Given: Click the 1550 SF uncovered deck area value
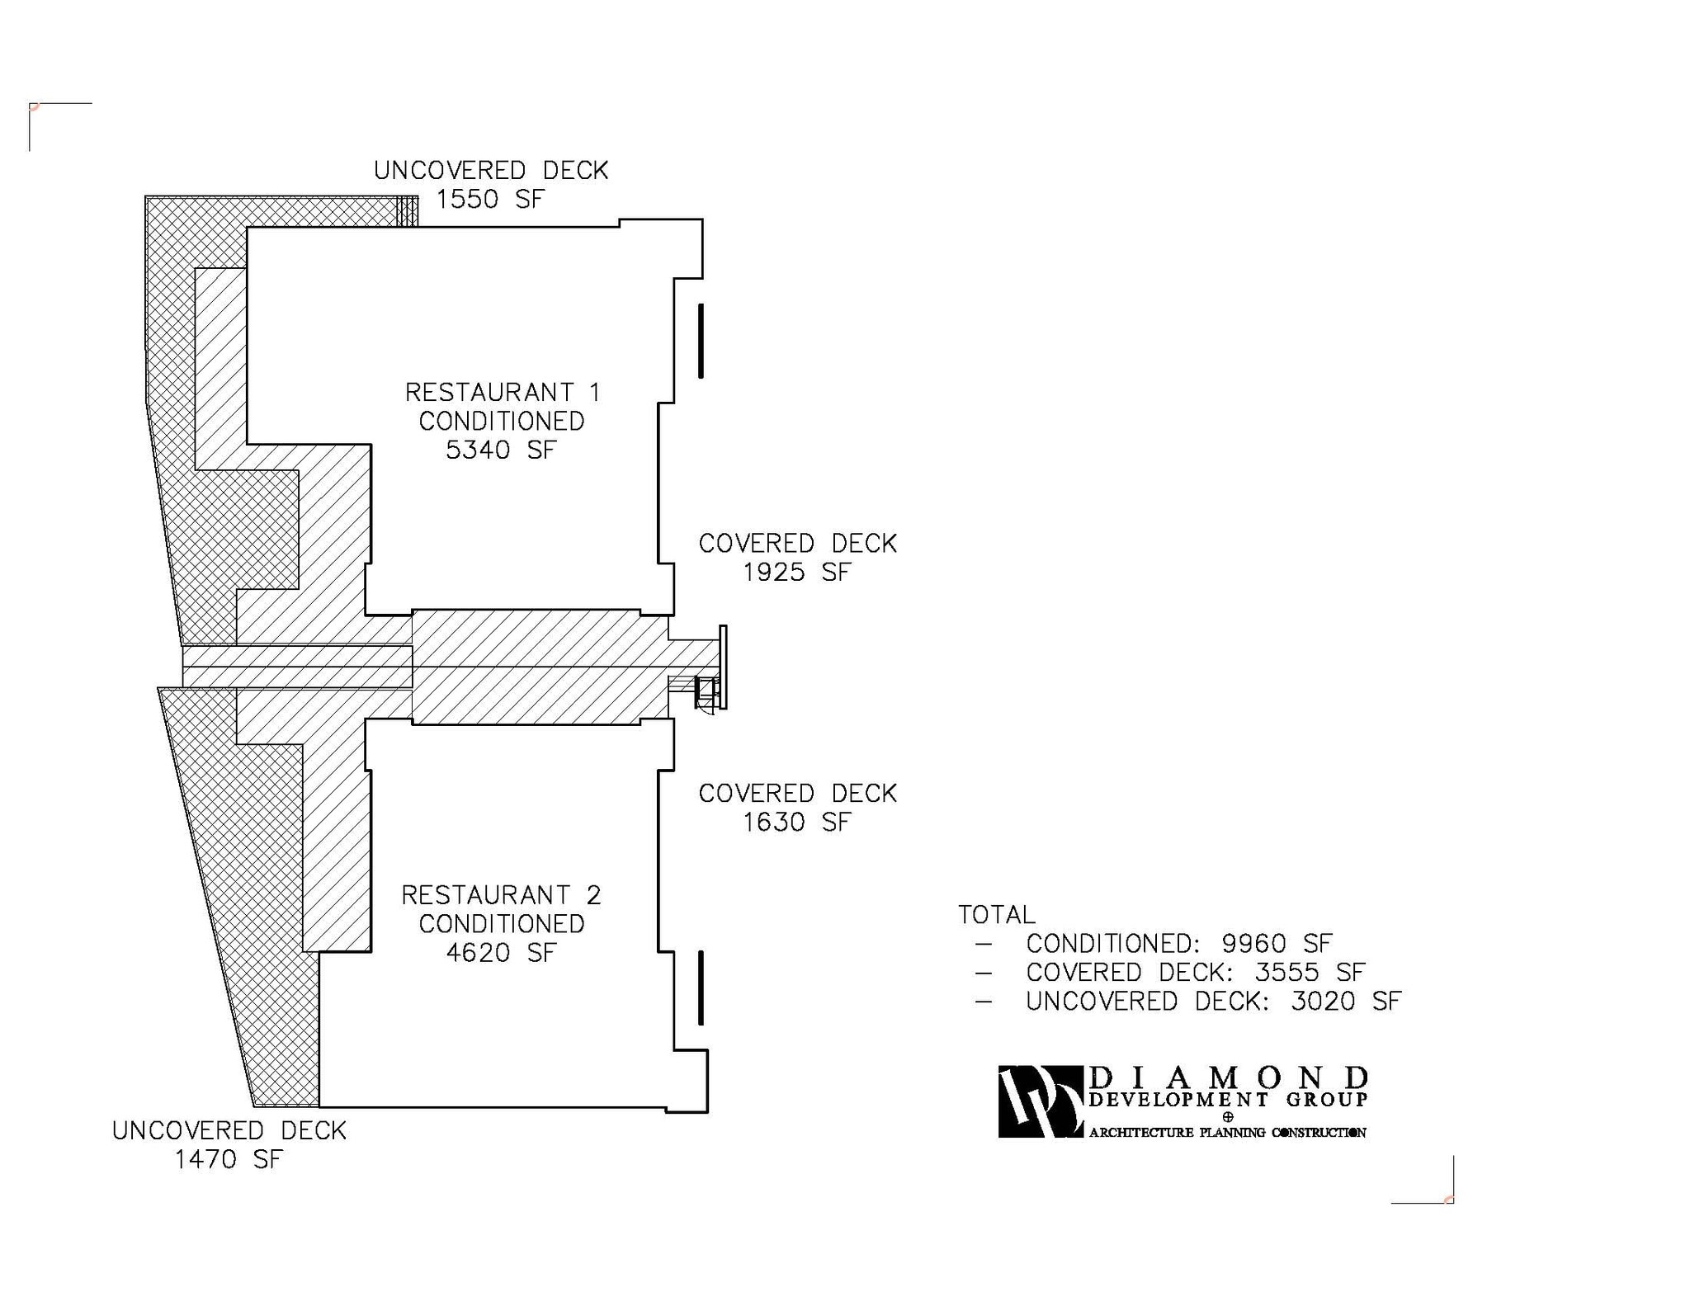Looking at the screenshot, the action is (490, 200).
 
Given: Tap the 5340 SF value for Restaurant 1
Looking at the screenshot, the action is (501, 450).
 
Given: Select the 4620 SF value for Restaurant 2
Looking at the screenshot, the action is (501, 953).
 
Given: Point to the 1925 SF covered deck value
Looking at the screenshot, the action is (796, 573).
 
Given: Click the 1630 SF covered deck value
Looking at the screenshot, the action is (796, 823).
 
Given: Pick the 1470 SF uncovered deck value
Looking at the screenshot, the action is (229, 1160).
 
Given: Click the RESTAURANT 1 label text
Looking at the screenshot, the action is (503, 392).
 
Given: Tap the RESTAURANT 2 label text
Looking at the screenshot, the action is (501, 895).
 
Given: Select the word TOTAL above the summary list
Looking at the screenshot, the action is (996, 915).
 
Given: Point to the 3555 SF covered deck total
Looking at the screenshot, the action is (1310, 973).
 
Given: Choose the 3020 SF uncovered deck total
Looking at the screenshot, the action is (1346, 1002).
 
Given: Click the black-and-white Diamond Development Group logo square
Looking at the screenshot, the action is (1041, 1101).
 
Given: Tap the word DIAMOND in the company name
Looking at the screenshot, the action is (1229, 1077).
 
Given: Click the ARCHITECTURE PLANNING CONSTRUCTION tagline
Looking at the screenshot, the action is (1227, 1133).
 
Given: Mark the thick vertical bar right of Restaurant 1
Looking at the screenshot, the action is (701, 341).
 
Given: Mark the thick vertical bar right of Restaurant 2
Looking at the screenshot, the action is (701, 988).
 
